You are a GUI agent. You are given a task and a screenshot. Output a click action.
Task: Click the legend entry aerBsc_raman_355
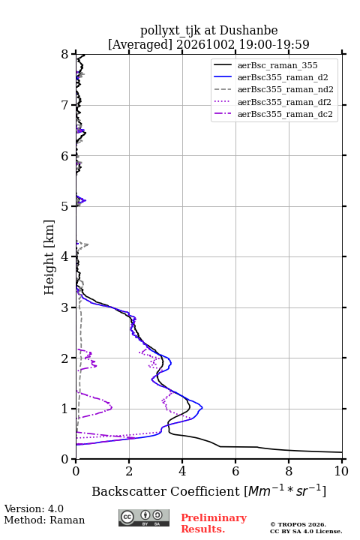point(277,65)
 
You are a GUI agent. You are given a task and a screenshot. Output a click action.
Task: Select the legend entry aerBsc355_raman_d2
point(283,77)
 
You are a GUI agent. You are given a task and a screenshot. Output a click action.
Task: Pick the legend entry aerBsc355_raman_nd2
point(285,89)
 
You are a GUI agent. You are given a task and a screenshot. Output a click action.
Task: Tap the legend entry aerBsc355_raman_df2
point(284,102)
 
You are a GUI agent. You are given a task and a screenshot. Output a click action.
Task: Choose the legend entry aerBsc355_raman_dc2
point(285,114)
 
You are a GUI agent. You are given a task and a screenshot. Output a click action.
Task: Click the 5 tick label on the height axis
point(65,206)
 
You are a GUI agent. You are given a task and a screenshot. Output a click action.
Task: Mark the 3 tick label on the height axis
point(65,307)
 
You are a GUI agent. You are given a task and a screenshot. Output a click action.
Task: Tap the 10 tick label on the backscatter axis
point(341,471)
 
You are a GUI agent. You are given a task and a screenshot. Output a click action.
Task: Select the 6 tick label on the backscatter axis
point(235,471)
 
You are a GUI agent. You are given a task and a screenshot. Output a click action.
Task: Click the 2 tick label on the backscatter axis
point(129,471)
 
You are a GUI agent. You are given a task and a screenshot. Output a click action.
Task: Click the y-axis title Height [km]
point(49,257)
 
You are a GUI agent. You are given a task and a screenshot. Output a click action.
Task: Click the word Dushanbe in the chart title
point(248,31)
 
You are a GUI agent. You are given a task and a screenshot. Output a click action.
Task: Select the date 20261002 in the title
point(205,44)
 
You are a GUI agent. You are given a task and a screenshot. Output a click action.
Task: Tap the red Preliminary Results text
point(214,523)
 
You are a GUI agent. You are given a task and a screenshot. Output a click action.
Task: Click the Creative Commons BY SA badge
point(144,518)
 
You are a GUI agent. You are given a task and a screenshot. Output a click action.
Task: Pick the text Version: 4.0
point(34,508)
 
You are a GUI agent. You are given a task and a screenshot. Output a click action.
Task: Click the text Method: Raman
point(44,520)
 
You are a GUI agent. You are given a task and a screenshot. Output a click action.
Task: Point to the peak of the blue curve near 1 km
point(202,408)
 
